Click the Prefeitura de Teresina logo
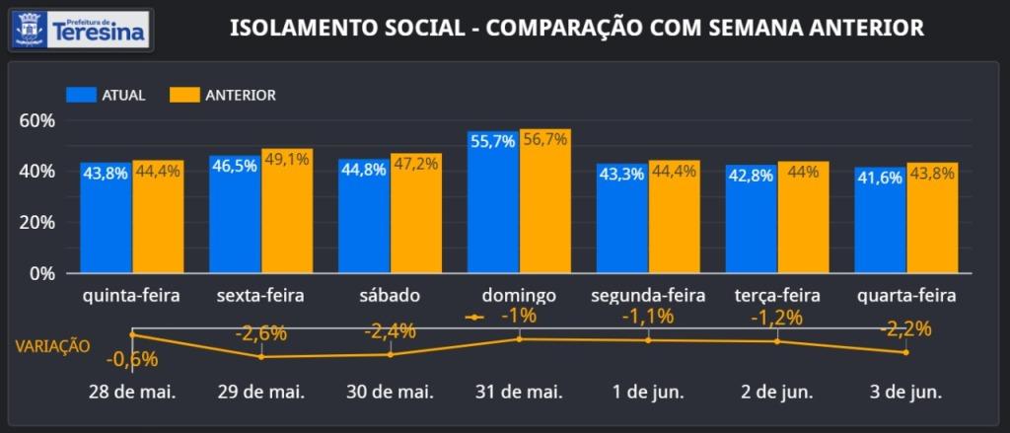pyautogui.click(x=80, y=30)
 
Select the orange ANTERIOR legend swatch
pyautogui.click(x=184, y=96)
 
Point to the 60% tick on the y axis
pyautogui.click(x=36, y=120)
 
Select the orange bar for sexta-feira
pyautogui.click(x=287, y=211)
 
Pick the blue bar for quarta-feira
pyautogui.click(x=880, y=220)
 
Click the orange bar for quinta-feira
pyautogui.click(x=158, y=217)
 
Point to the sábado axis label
pyautogui.click(x=391, y=296)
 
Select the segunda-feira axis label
pyautogui.click(x=647, y=296)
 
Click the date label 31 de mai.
pyautogui.click(x=519, y=392)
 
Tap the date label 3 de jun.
pyautogui.click(x=905, y=392)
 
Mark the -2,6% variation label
pyautogui.click(x=260, y=333)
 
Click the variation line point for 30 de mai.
pyautogui.click(x=391, y=354)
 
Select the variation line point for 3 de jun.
pyautogui.click(x=905, y=352)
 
